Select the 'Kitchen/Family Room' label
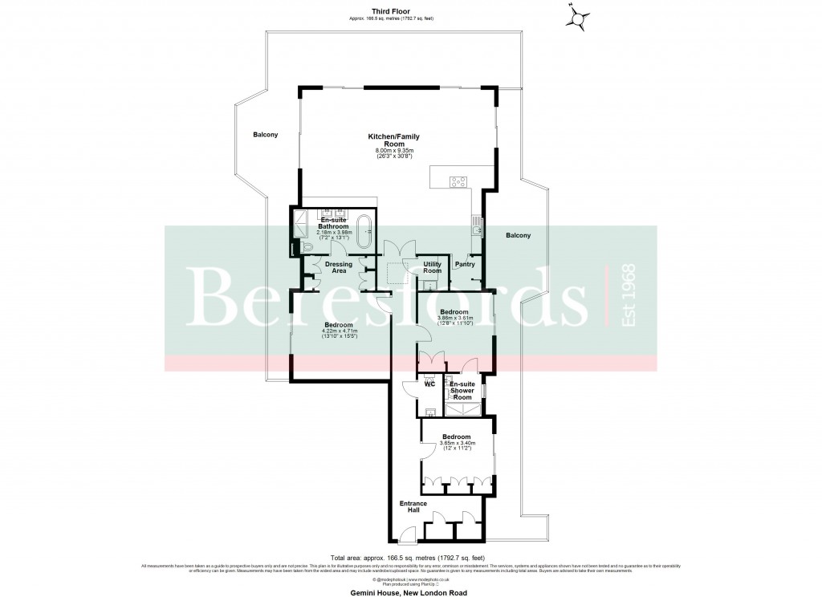tap(393, 141)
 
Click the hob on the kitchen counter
tap(459, 182)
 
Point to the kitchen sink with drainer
tap(477, 225)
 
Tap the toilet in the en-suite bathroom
tap(296, 247)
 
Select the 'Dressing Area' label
tap(339, 267)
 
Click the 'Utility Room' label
tap(432, 267)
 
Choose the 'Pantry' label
tap(464, 264)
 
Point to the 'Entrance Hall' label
tap(413, 507)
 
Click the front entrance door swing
tap(408, 532)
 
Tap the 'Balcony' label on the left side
tap(265, 135)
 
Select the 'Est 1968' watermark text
tap(629, 296)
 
